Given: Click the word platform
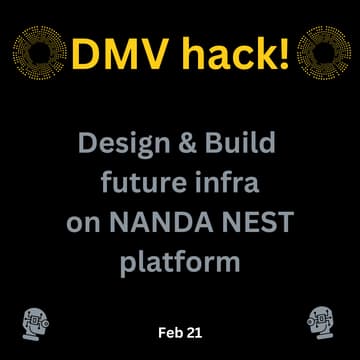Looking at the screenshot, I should click(x=180, y=262).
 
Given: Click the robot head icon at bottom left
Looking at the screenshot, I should click(x=36, y=322).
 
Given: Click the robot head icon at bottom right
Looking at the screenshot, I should click(x=322, y=322).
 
